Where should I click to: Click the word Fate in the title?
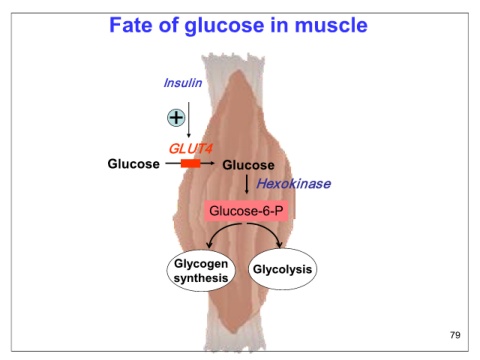click(131, 25)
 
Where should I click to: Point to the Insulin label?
click(183, 83)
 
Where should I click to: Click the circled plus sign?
click(176, 117)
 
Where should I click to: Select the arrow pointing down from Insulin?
click(189, 120)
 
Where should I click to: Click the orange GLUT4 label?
click(190, 149)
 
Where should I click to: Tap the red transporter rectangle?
click(191, 163)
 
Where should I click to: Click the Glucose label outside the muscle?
click(133, 164)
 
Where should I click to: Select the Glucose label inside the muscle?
click(248, 165)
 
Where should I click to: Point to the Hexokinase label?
click(294, 184)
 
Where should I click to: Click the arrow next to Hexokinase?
click(247, 184)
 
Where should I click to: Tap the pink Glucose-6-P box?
click(246, 211)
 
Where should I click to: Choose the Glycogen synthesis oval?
click(201, 270)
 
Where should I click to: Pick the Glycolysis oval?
click(282, 269)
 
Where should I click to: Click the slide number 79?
click(455, 335)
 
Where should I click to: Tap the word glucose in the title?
click(224, 26)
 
